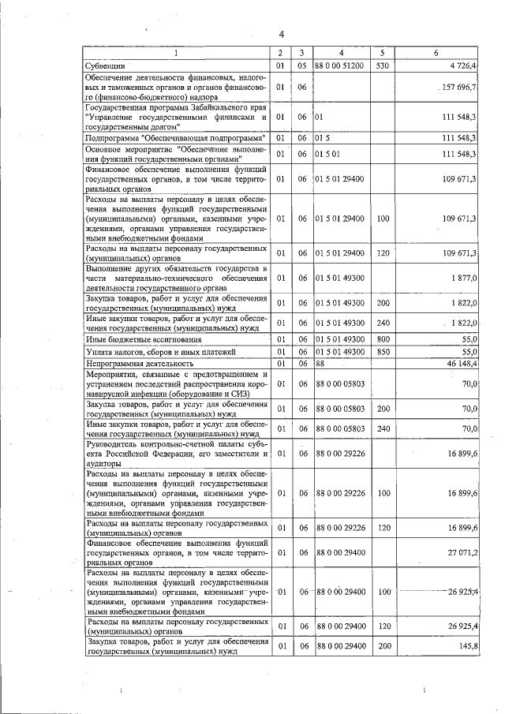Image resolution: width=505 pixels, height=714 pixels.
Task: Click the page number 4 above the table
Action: (x=281, y=33)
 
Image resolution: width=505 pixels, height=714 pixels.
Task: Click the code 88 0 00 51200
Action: (x=339, y=65)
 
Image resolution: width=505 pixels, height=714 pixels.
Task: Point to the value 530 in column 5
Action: (x=383, y=65)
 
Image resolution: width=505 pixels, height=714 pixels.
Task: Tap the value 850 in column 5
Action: (x=383, y=351)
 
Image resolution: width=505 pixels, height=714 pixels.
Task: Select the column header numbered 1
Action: (x=176, y=53)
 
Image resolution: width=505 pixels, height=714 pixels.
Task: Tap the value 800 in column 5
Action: (x=383, y=338)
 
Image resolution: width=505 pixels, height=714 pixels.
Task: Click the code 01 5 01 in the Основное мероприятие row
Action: (x=328, y=154)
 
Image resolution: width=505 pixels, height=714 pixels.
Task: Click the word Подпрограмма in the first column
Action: (x=111, y=137)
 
